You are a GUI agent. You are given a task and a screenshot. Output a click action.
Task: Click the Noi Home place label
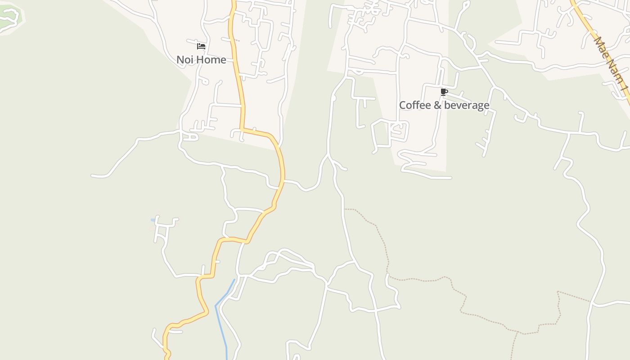click(201, 59)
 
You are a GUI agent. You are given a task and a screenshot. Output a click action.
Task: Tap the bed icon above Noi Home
click(201, 46)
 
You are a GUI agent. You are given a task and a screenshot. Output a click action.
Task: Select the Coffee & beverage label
click(444, 105)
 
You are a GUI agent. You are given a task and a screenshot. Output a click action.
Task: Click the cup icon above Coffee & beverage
click(444, 92)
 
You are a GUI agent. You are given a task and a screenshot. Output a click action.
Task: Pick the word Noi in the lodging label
click(184, 59)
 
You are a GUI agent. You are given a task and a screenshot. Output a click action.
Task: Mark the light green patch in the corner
click(9, 17)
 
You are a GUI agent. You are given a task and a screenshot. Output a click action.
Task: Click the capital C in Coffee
click(403, 105)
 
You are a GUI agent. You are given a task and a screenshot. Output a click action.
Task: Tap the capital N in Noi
click(180, 59)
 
